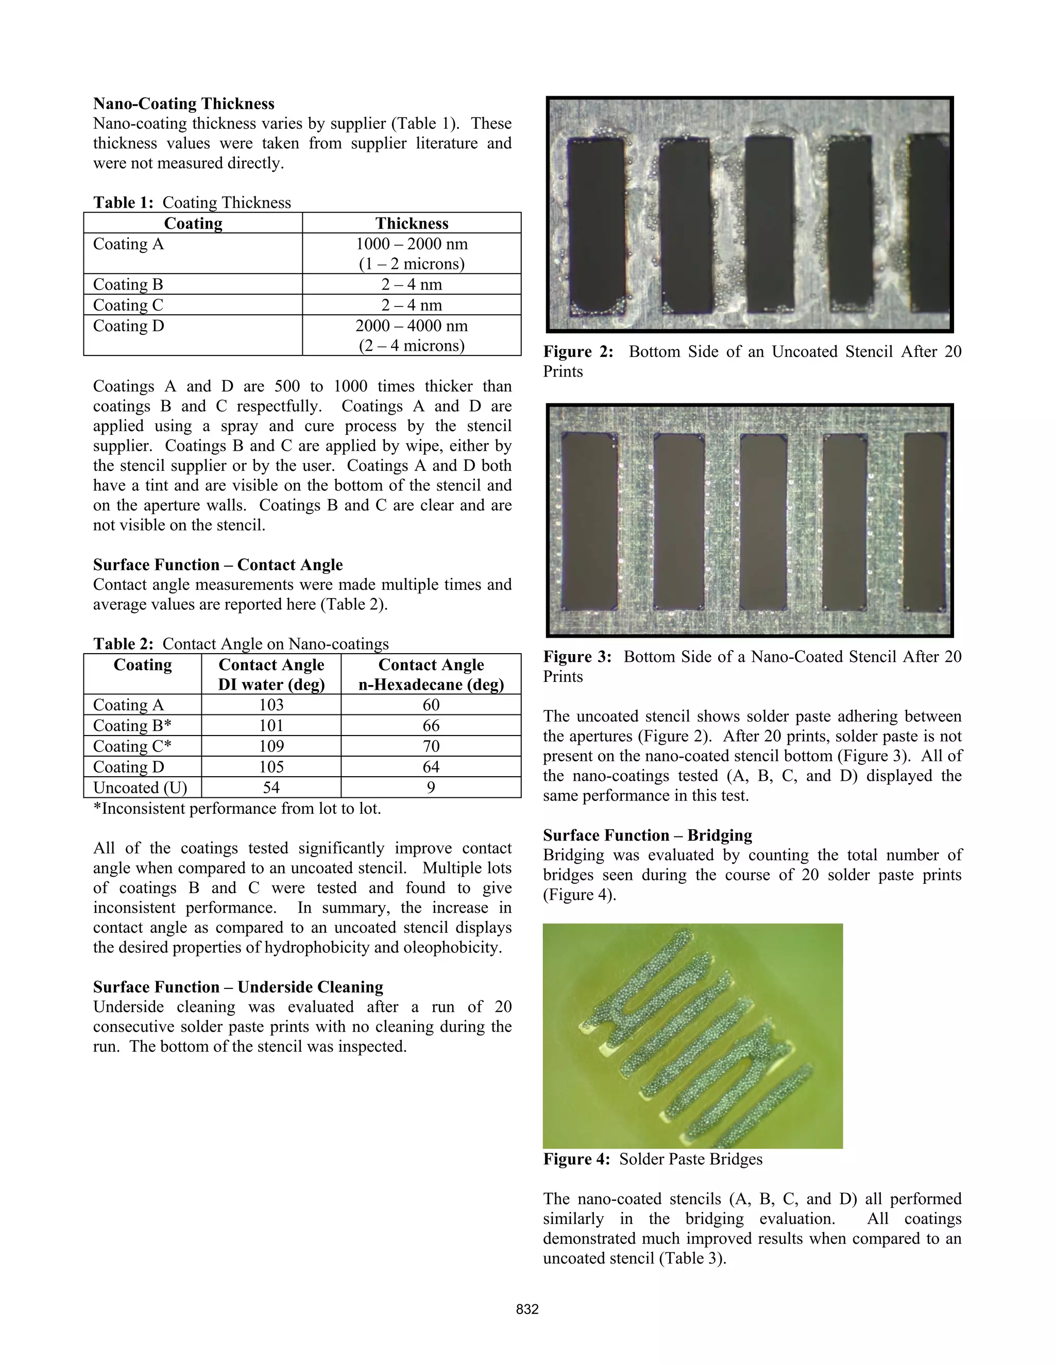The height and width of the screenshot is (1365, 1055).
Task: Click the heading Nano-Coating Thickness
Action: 184,104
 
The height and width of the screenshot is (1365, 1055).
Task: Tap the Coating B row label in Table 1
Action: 128,284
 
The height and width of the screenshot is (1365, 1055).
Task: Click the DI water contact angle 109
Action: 271,746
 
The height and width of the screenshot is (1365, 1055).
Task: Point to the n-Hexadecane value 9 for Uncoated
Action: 431,788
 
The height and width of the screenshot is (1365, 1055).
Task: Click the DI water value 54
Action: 271,788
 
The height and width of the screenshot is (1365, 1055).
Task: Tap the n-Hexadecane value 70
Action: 431,746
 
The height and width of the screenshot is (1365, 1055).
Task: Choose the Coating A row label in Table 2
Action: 128,705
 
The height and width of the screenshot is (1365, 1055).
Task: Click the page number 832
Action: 527,1309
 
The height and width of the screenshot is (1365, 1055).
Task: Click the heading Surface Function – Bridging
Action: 648,835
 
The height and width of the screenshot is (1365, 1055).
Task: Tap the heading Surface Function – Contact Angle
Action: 217,565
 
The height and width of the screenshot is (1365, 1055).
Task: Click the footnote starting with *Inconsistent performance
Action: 237,809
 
